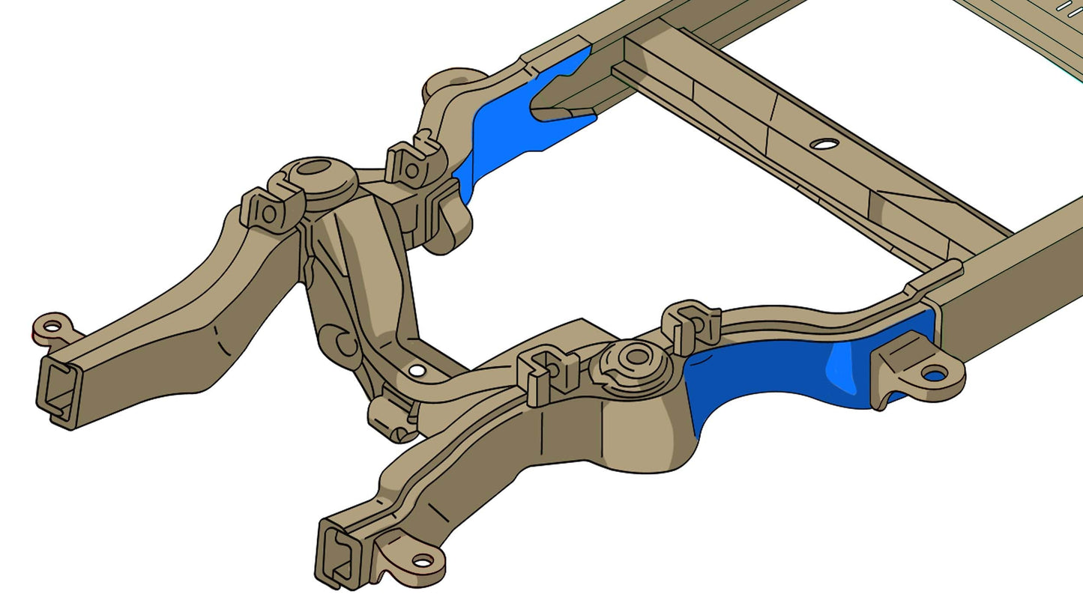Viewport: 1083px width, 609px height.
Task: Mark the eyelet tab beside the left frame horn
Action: (52, 326)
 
